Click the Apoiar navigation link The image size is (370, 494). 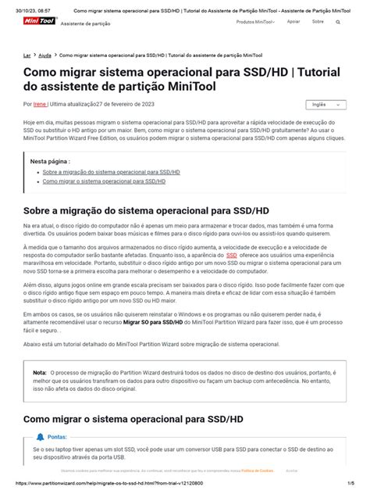coord(294,22)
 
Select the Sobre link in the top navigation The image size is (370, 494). coord(318,22)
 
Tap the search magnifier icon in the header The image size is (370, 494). coord(338,22)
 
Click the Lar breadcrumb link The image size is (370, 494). coord(27,55)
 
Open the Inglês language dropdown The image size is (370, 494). coord(326,104)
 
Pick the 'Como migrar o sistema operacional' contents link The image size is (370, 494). coord(104,181)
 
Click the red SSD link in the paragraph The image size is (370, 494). coord(232,256)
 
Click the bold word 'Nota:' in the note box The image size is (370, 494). coord(40,372)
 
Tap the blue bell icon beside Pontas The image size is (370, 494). coord(41,437)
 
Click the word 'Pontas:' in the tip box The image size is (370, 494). coord(57,438)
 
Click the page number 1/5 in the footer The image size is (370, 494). coord(351,484)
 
